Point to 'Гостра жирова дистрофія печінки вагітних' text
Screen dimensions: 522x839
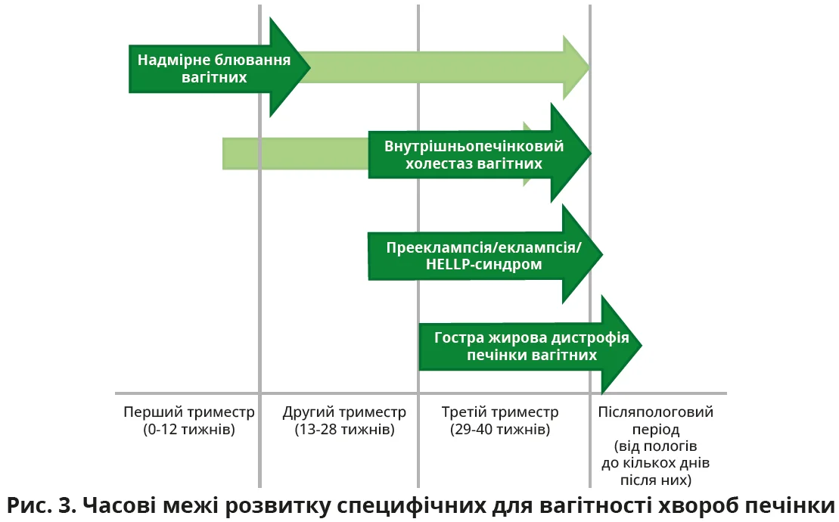click(x=532, y=346)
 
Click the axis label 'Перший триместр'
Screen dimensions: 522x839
click(x=189, y=412)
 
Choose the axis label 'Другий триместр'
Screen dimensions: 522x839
click(x=344, y=412)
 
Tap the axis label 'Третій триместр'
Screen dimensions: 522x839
click(x=499, y=412)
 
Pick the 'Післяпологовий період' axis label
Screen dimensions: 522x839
click(x=656, y=421)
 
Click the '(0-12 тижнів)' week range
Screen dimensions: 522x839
click(x=189, y=430)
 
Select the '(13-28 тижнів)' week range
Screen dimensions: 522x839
click(x=344, y=430)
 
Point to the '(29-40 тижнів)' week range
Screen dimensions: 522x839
click(x=499, y=430)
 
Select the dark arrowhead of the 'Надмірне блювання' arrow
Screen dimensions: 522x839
click(x=291, y=67)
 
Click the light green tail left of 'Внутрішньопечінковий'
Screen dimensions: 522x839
click(x=295, y=154)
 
